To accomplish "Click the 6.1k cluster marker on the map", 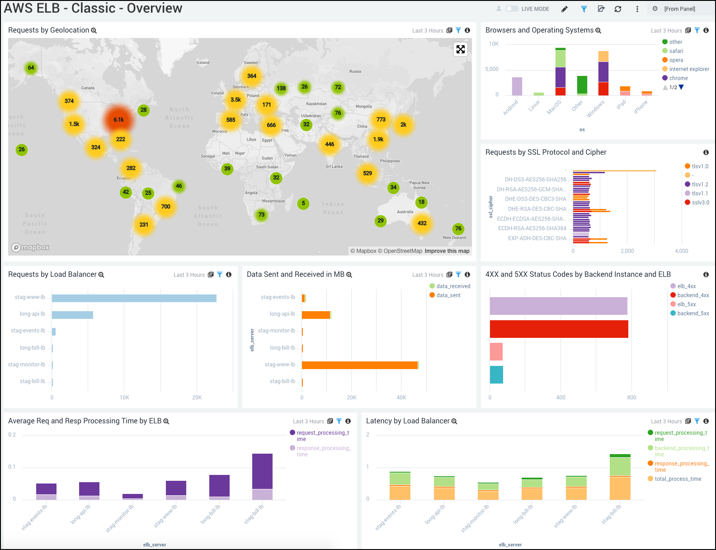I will click(x=118, y=120).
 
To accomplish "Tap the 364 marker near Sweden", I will click(x=252, y=76).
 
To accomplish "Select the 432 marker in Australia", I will click(x=422, y=223).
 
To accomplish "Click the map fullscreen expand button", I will click(x=460, y=49).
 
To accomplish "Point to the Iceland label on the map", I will click(x=203, y=62).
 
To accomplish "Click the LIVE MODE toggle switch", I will click(x=512, y=9).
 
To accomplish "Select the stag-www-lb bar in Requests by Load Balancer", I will click(x=134, y=298).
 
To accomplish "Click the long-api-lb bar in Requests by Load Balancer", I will click(x=72, y=315).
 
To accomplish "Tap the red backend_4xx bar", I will click(x=559, y=329).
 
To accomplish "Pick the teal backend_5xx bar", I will click(x=496, y=375).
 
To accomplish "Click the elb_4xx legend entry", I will click(x=686, y=286).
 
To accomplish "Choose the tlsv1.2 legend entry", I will click(x=700, y=185).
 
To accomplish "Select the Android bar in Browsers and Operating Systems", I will click(x=517, y=86).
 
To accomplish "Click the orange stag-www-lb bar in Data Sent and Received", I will click(x=359, y=365).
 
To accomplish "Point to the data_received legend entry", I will click(x=453, y=286).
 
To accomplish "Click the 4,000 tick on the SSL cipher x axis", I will click(x=681, y=251).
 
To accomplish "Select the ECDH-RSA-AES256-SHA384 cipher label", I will click(x=532, y=228).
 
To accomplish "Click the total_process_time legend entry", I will click(x=678, y=479).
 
